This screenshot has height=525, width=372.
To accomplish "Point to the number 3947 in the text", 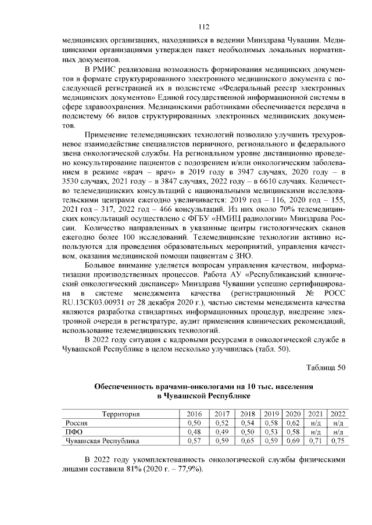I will (x=242, y=172).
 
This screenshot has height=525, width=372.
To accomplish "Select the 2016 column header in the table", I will (x=194, y=414).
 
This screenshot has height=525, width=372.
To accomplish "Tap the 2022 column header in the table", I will (x=337, y=414).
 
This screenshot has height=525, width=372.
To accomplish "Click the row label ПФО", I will (x=74, y=432).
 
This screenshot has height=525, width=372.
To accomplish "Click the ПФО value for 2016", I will (x=194, y=432).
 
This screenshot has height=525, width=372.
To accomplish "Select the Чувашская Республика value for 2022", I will (x=337, y=441).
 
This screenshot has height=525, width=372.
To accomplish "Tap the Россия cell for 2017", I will (x=221, y=423).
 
